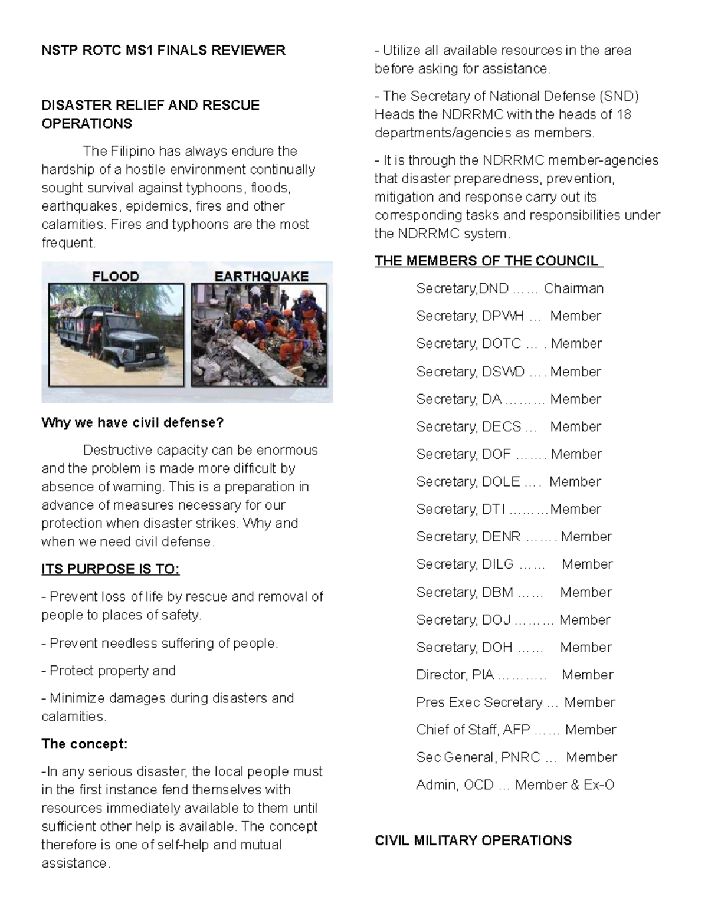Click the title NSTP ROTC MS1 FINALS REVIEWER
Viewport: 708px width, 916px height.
click(163, 51)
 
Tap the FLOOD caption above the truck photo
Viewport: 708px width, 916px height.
click(116, 276)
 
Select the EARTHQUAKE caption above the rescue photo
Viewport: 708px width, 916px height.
click(261, 276)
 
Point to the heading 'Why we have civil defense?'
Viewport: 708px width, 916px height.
click(132, 422)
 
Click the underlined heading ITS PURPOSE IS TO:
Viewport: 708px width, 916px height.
click(110, 569)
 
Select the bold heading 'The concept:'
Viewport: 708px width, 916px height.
click(84, 744)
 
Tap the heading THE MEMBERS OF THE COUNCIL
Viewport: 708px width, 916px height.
click(488, 261)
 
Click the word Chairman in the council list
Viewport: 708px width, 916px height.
click(573, 288)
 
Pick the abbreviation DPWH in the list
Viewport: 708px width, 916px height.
click(503, 316)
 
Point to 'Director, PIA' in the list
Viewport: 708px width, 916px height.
click(455, 675)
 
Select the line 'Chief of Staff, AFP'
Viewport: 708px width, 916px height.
click(473, 730)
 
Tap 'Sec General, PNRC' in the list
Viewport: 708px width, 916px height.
click(478, 757)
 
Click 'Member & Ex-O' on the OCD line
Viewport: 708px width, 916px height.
click(565, 785)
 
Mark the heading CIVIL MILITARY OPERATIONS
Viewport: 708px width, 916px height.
click(473, 841)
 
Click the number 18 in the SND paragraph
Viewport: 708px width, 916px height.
click(624, 114)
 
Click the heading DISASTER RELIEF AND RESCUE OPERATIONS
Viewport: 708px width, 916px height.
click(150, 114)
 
